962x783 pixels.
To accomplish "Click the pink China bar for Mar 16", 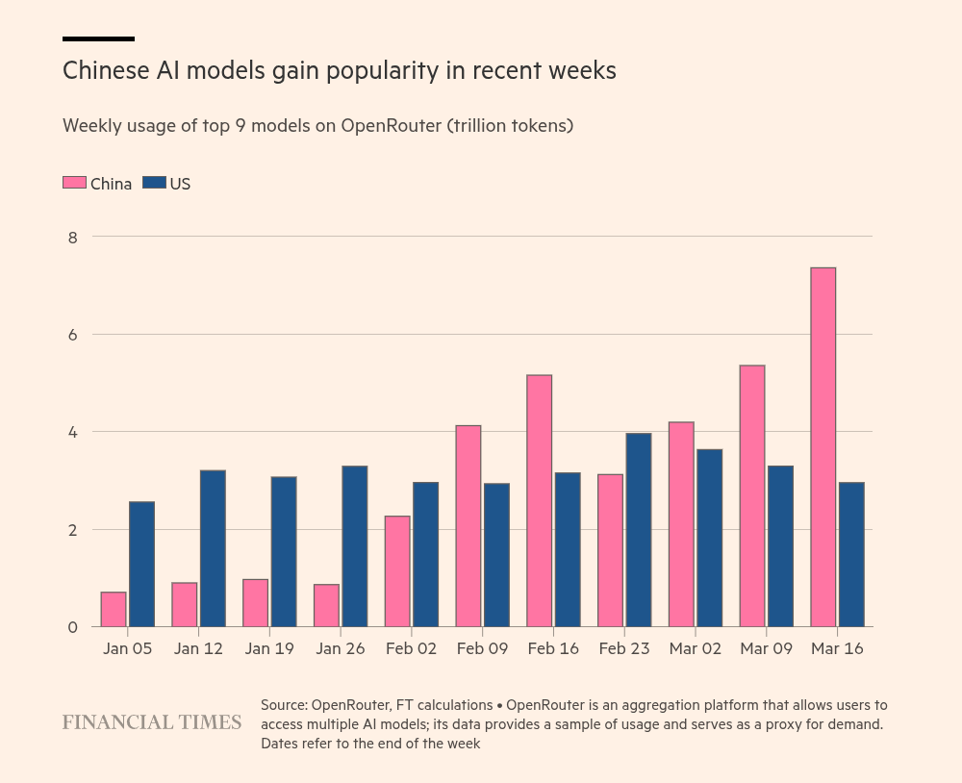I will pyautogui.click(x=823, y=447).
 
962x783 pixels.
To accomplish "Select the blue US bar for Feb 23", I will pyautogui.click(x=639, y=530).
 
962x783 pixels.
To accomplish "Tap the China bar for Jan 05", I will pyautogui.click(x=114, y=609).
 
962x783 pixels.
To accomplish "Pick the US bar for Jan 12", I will pyautogui.click(x=213, y=548).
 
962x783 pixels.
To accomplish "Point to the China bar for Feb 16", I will pyautogui.click(x=539, y=501).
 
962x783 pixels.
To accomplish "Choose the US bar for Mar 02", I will pyautogui.click(x=709, y=538).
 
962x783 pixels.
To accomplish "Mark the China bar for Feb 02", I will pyautogui.click(x=397, y=571).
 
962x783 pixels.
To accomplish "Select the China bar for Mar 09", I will pyautogui.click(x=752, y=496).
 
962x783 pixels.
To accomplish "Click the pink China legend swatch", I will pyautogui.click(x=74, y=183).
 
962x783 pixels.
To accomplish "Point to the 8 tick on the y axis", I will pyautogui.click(x=72, y=237).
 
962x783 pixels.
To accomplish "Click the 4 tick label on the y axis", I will pyautogui.click(x=72, y=432).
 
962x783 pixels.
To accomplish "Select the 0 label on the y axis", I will pyautogui.click(x=72, y=627).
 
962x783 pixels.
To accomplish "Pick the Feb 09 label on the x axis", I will pyautogui.click(x=482, y=649).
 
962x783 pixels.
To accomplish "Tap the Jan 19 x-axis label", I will pyautogui.click(x=269, y=649).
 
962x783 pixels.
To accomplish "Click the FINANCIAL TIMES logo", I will pyautogui.click(x=152, y=721).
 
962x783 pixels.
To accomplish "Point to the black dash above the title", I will pyautogui.click(x=98, y=38).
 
